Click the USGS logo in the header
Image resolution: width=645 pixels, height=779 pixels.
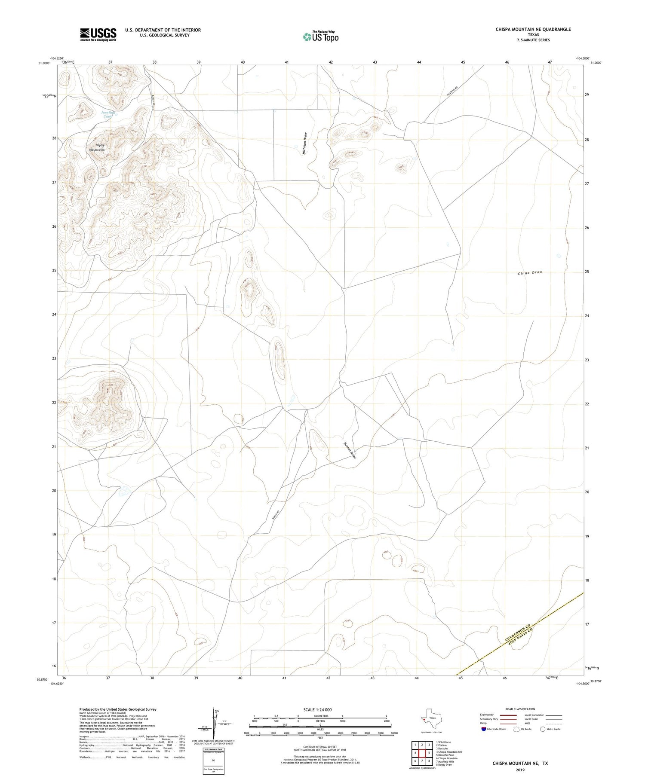point(98,34)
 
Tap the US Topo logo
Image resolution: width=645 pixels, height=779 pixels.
point(320,37)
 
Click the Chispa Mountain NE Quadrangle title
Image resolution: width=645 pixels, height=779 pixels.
point(533,29)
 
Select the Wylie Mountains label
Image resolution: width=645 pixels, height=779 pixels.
point(97,147)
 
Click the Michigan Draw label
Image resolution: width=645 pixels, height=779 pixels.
point(305,144)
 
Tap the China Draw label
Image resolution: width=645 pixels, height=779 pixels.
point(530,273)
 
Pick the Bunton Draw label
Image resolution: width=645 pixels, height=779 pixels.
point(350,450)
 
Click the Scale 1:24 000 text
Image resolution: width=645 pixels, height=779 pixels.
point(317,709)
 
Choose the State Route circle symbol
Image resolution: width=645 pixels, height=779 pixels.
point(543,729)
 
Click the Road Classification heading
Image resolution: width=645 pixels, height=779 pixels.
point(520,709)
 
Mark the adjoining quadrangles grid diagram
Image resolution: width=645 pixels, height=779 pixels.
point(422,753)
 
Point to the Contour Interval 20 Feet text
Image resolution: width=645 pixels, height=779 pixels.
point(320,747)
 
